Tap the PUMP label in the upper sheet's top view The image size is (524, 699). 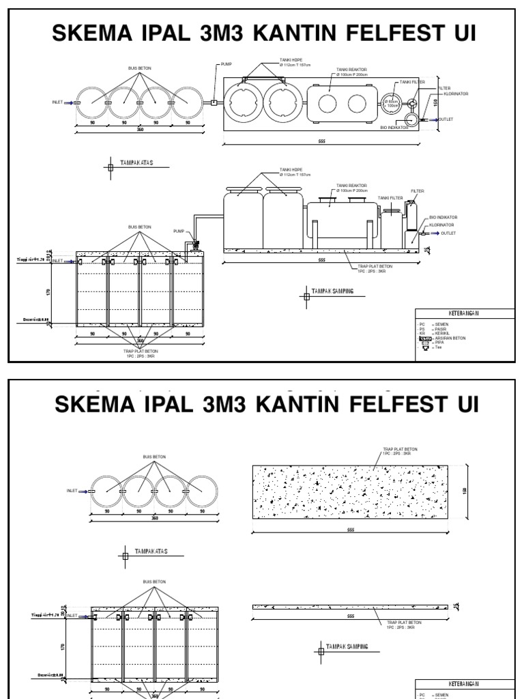(227, 64)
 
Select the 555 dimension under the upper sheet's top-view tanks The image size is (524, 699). (321, 141)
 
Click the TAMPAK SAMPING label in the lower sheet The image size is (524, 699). (347, 646)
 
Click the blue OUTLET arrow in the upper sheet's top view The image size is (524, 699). (431, 119)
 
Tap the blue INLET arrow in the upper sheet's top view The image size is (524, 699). (68, 102)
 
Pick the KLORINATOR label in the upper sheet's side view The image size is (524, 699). (441, 225)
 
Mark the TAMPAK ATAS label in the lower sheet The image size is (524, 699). (151, 551)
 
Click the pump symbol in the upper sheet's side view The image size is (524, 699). (197, 244)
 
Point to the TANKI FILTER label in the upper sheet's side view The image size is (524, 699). (390, 198)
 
